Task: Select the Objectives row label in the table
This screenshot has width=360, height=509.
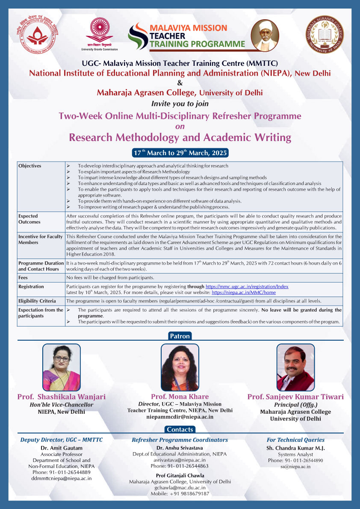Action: point(30,166)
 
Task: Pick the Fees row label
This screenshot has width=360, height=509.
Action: point(23,278)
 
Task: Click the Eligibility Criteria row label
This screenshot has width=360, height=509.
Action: point(37,301)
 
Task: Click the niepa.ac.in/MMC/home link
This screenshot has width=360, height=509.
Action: point(244,292)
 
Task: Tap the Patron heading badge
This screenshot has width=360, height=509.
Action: point(180,336)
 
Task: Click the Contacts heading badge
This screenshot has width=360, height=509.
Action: point(180,430)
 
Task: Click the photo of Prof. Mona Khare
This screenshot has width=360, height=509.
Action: point(180,367)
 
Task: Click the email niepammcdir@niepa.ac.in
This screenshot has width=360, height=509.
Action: point(180,417)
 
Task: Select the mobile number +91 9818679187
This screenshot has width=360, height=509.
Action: point(180,494)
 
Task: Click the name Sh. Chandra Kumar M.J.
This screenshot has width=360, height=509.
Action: point(295,448)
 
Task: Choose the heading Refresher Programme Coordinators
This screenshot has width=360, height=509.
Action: point(180,440)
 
